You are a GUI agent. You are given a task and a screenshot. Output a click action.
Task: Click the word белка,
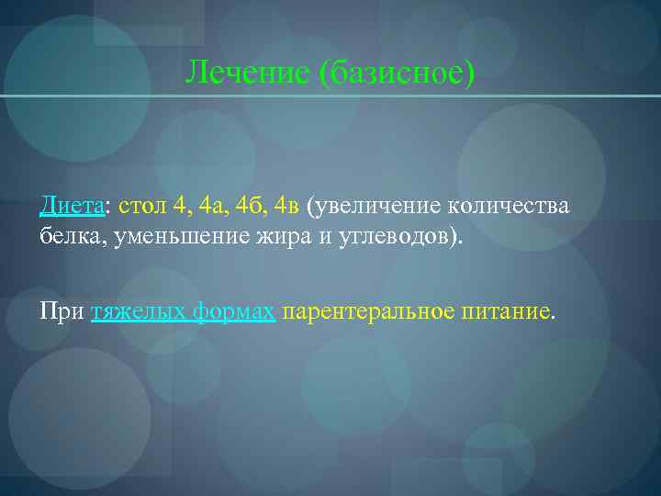[x=73, y=237]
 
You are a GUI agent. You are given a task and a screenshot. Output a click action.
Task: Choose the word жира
[x=284, y=237]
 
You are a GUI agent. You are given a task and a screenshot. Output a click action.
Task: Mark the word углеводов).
[x=401, y=237]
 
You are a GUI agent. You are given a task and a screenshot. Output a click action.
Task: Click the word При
[x=62, y=312]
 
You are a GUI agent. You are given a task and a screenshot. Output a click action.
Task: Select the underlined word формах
[x=233, y=312]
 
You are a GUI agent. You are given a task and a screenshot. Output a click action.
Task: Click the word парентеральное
[x=368, y=312]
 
